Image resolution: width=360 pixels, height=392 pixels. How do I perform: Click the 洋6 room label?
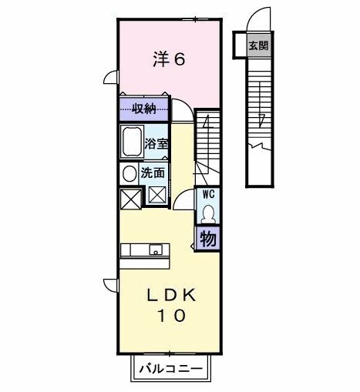tap(167, 59)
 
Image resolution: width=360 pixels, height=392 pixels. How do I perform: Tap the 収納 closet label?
tap(145, 109)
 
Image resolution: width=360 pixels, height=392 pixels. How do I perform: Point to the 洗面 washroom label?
tap(152, 173)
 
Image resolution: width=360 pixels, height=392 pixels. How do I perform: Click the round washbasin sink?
tap(129, 173)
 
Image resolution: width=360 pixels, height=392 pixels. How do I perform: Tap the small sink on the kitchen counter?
tap(156, 249)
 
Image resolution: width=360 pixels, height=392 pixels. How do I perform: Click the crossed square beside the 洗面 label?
tap(158, 196)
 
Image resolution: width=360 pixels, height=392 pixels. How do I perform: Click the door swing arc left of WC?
tap(183, 201)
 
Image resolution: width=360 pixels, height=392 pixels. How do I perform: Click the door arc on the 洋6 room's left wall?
tap(111, 77)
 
